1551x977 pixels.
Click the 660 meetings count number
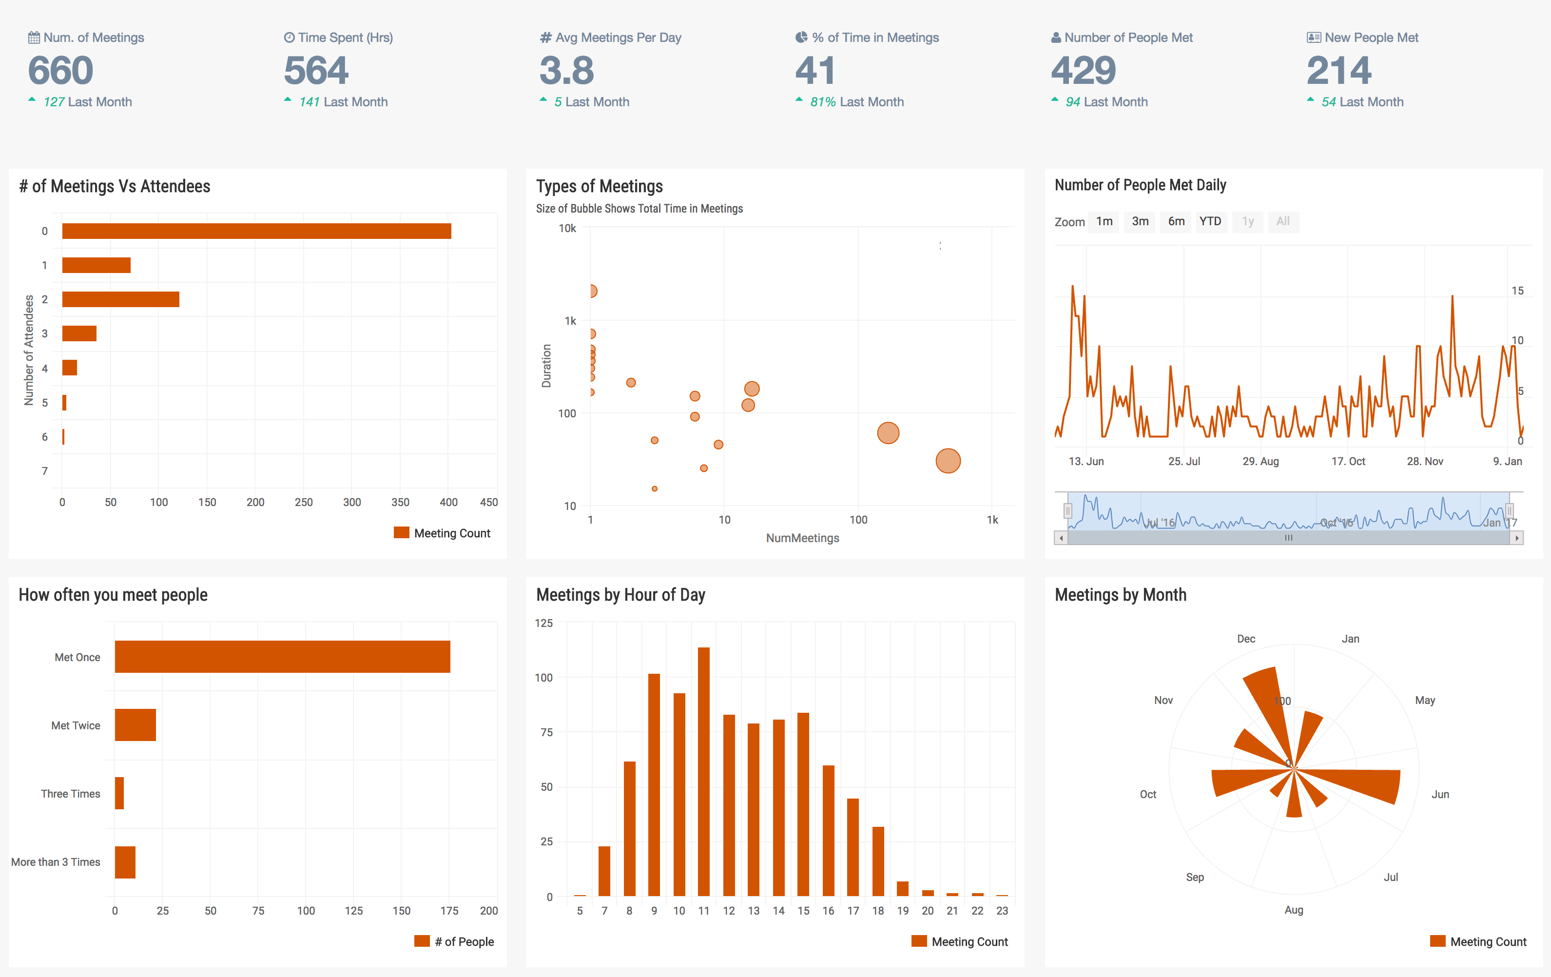pos(60,70)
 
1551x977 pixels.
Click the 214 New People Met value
pos(1338,70)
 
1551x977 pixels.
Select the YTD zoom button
pos(1210,221)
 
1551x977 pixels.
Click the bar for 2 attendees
pos(120,299)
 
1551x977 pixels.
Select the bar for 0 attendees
pos(256,231)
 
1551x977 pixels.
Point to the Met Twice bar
pos(136,725)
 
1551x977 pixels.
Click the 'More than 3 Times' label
pos(56,862)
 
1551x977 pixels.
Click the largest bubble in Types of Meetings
pos(948,461)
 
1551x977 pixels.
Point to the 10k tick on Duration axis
pos(567,228)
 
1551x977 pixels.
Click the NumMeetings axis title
pos(802,538)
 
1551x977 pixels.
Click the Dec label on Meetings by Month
pos(1246,639)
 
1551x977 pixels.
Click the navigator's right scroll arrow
pos(1517,538)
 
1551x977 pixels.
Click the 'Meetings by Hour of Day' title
pos(620,594)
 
